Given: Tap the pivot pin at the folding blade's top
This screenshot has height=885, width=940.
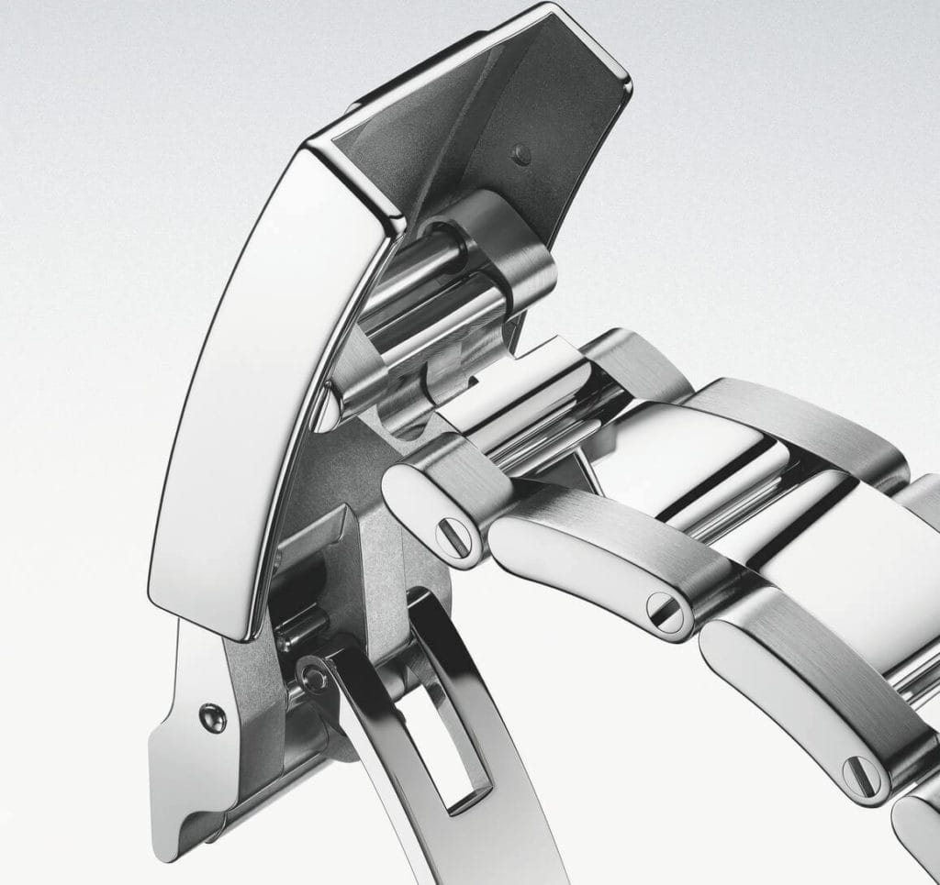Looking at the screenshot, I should [x=315, y=677].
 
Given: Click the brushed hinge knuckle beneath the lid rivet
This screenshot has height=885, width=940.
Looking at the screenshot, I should [x=509, y=248].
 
